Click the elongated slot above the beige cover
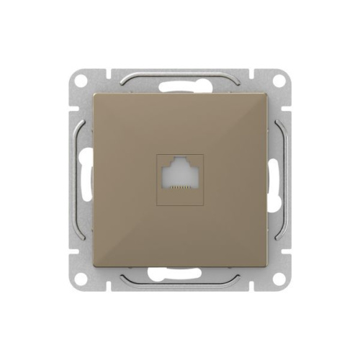click(180, 86)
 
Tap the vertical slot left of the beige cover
click(87, 179)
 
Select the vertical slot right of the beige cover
click(274, 179)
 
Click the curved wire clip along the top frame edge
click(180, 74)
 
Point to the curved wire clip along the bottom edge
click(180, 284)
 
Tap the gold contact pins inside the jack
click(180, 186)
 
